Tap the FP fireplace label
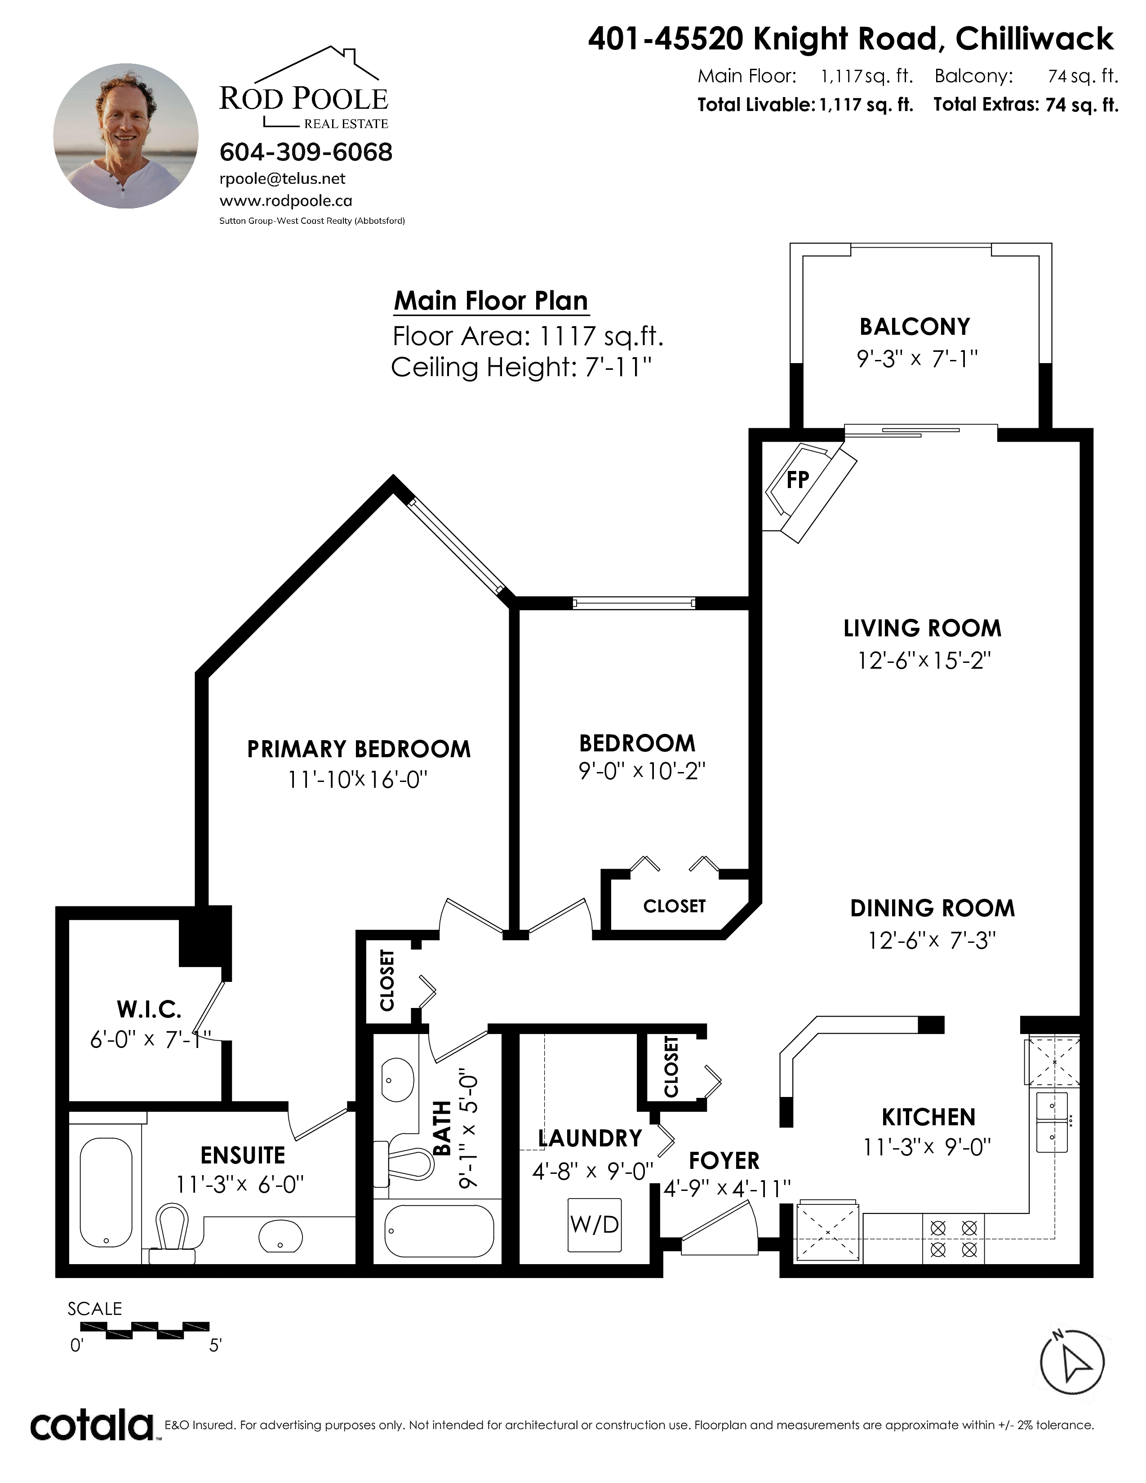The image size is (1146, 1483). click(798, 480)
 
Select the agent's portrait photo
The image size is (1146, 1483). click(126, 136)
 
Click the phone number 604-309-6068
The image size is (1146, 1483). click(306, 152)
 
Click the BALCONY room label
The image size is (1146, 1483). click(915, 327)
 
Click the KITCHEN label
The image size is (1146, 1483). click(928, 1117)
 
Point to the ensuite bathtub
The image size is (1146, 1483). click(107, 1193)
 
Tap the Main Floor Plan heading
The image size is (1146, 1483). click(491, 300)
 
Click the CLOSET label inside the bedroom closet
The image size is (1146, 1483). click(674, 906)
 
